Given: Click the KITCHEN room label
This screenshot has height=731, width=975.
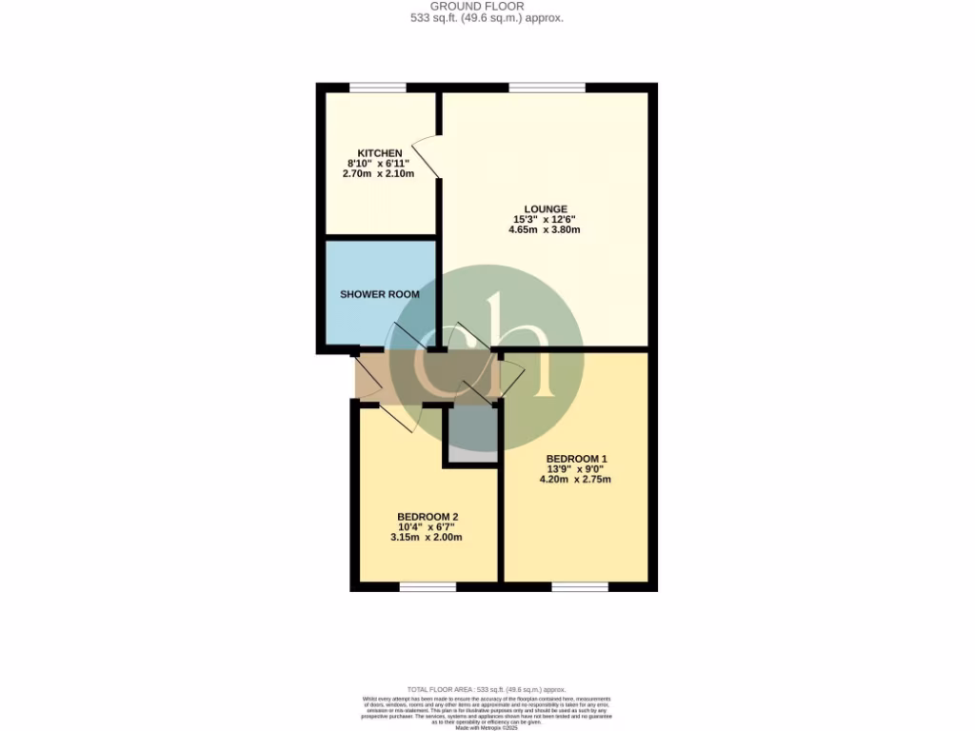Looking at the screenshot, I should coord(380,153).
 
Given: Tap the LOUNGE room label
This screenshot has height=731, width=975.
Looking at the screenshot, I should coord(545,209).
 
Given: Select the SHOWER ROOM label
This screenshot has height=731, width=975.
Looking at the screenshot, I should coord(380,294).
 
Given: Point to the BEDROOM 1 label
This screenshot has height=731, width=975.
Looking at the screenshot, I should coord(576,459).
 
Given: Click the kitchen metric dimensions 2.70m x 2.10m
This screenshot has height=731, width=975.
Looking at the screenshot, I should coord(380,174).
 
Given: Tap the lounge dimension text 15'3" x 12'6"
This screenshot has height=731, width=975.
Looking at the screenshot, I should coord(545,220).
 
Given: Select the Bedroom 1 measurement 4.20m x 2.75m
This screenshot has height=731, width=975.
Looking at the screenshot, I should coord(576,480).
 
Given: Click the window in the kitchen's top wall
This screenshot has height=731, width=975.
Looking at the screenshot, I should coord(377,89).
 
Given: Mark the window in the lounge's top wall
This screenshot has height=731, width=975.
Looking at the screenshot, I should coord(547,89).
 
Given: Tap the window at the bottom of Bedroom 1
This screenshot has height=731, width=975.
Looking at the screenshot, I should coord(580,586).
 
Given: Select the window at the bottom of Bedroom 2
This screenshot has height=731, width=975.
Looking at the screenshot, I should coord(428,586).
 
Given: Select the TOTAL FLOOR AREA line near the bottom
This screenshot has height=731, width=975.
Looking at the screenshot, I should coord(487,689).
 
